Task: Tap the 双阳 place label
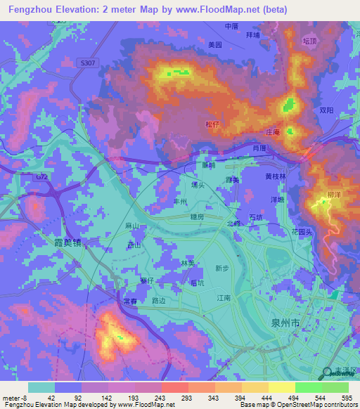click(326, 110)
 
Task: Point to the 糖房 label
click(195, 218)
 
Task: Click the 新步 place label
click(222, 268)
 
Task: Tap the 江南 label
click(224, 298)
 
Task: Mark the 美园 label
click(215, 44)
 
